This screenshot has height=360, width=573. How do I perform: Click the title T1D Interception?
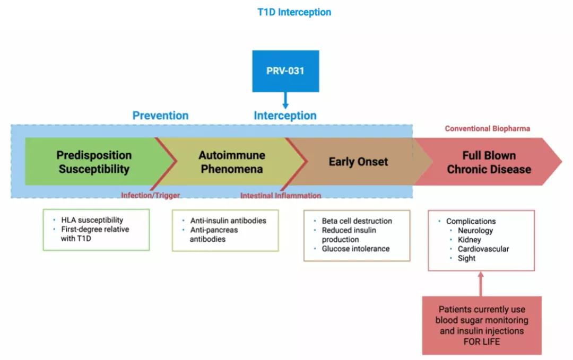(294, 12)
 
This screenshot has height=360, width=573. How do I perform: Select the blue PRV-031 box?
(285, 71)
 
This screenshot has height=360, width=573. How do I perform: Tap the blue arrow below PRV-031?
(285, 100)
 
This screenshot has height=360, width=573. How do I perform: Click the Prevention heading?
(160, 116)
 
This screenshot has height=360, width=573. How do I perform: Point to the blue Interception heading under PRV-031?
(285, 116)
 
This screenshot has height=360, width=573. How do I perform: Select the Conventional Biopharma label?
(487, 129)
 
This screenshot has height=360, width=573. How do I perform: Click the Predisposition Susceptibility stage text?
(94, 162)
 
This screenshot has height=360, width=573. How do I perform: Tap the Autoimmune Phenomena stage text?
(232, 162)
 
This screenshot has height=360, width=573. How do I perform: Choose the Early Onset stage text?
(358, 162)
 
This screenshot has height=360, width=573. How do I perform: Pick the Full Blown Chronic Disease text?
(489, 162)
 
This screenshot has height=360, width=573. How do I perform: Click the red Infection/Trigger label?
(150, 195)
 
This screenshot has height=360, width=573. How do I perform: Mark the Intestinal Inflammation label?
(281, 196)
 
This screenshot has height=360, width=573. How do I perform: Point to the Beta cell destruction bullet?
(357, 221)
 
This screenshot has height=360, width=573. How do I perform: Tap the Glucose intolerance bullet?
(355, 249)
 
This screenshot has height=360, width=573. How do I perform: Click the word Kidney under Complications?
(470, 240)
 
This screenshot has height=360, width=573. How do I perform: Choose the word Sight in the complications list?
(466, 258)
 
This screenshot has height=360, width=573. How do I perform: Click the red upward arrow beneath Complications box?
(481, 283)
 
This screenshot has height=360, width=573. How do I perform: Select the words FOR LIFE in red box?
(482, 341)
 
